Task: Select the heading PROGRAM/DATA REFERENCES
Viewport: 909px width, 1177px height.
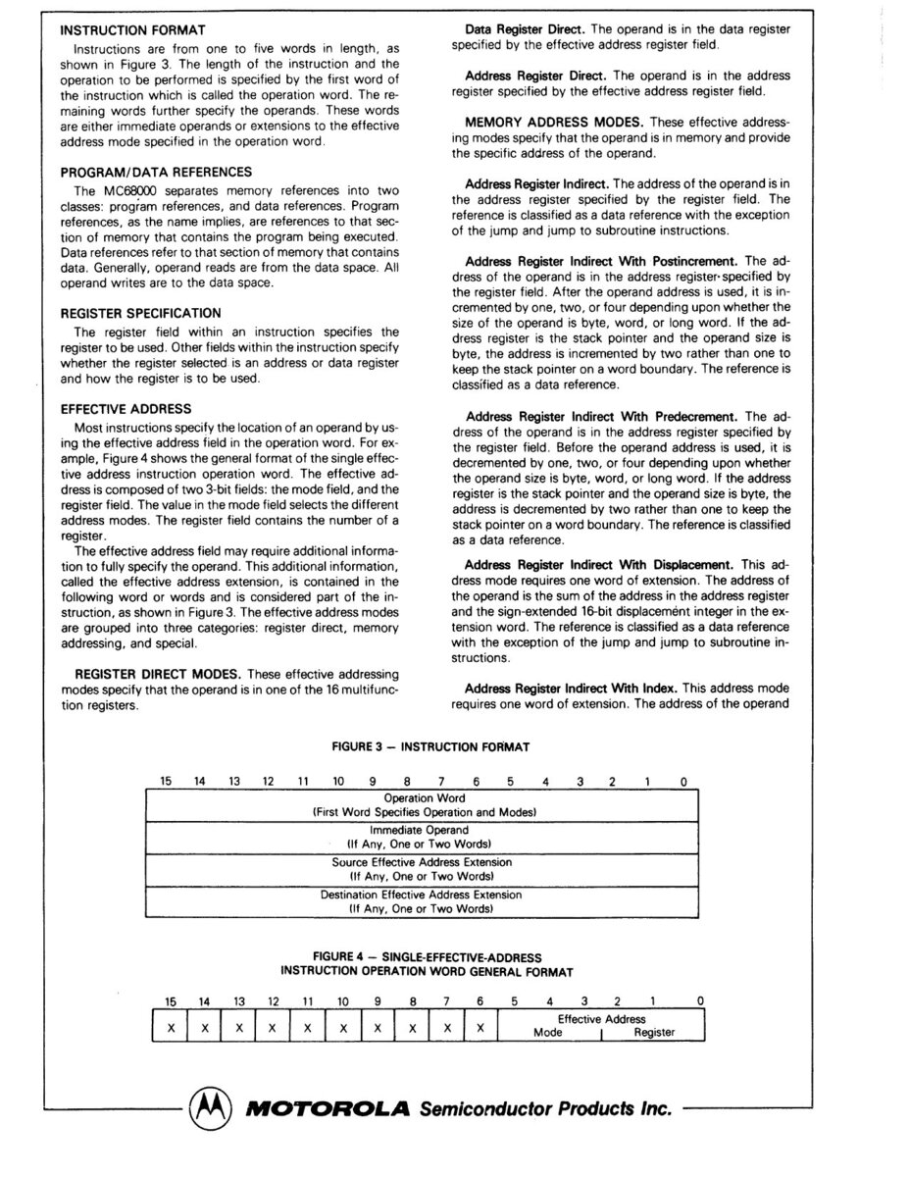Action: pyautogui.click(x=156, y=172)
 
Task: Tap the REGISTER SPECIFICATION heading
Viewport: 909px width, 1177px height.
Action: pyautogui.click(x=140, y=313)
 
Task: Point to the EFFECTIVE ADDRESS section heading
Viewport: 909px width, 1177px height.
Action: pyautogui.click(x=125, y=408)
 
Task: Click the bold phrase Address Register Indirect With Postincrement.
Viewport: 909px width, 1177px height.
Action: pyautogui.click(x=602, y=261)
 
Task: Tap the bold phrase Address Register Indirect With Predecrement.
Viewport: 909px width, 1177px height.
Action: pyautogui.click(x=602, y=417)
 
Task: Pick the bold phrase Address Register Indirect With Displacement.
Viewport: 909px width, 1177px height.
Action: pyautogui.click(x=598, y=565)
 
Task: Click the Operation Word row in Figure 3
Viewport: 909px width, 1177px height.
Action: pyautogui.click(x=424, y=805)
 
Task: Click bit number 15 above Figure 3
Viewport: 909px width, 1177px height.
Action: pyautogui.click(x=166, y=781)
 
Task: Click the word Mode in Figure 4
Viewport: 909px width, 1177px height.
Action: pyautogui.click(x=547, y=1033)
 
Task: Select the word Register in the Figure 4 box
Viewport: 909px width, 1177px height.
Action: pyautogui.click(x=654, y=1033)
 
